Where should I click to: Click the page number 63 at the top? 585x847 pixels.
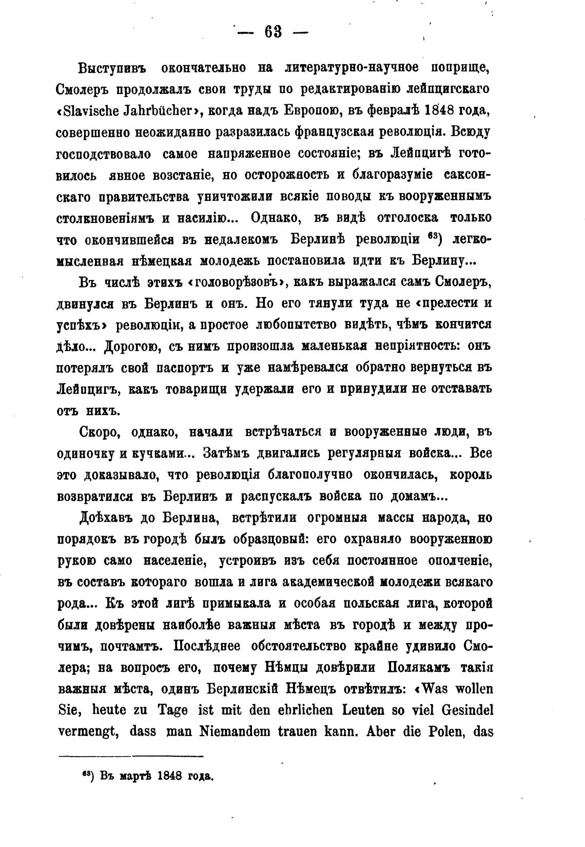[272, 32]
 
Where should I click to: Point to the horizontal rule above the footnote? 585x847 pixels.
[131, 756]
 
